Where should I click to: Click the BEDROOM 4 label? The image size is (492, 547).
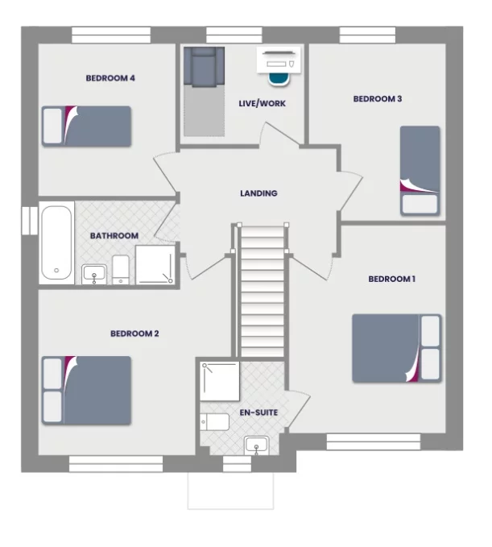click(x=110, y=78)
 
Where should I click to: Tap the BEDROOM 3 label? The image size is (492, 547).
click(x=378, y=99)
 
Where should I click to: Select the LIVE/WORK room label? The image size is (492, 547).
click(x=262, y=103)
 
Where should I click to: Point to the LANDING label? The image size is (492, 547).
click(x=258, y=193)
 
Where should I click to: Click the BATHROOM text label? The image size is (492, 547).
click(x=114, y=236)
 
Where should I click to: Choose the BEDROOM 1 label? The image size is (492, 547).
click(x=391, y=280)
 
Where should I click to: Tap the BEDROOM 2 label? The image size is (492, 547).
click(x=134, y=333)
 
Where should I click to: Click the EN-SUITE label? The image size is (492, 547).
click(x=258, y=412)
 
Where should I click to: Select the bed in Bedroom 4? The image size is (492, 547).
click(x=87, y=126)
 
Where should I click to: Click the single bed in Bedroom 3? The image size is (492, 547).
click(x=420, y=170)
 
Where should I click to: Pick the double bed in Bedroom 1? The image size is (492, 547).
click(x=396, y=348)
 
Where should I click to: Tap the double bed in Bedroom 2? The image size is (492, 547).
click(x=87, y=390)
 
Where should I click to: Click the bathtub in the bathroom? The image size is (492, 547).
click(x=56, y=243)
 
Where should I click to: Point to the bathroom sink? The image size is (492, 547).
click(x=94, y=275)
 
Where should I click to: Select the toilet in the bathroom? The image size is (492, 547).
click(x=121, y=269)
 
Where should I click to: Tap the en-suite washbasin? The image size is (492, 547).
click(x=257, y=444)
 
